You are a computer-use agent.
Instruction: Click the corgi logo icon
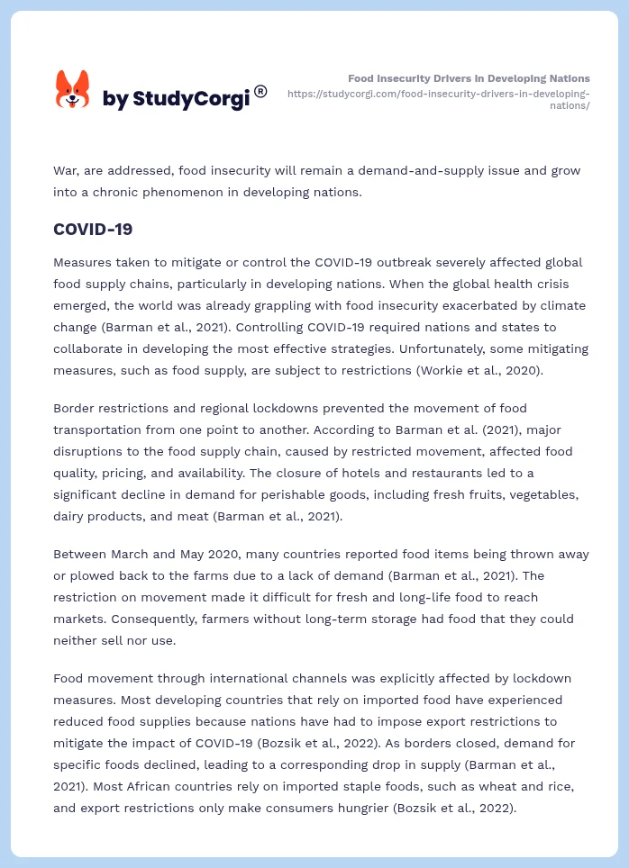coord(73,90)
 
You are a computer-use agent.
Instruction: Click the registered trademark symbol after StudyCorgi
coord(260,91)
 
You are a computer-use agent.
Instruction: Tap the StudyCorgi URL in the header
coord(439,99)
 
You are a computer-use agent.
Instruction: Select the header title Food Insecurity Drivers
coord(469,78)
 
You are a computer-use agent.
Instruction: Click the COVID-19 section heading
coord(93,230)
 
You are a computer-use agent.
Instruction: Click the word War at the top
coord(66,170)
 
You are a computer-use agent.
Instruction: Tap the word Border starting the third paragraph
coord(74,408)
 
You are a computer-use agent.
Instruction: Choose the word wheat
coord(466,786)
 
